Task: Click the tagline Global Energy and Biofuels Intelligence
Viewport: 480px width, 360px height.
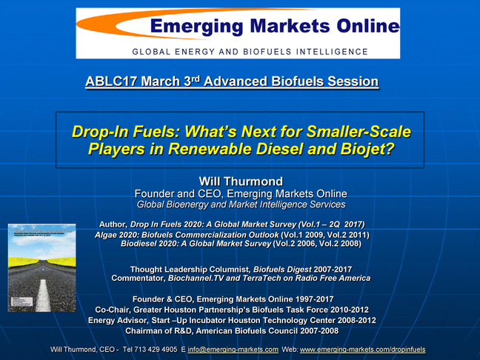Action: [x=250, y=52]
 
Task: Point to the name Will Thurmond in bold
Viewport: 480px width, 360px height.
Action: [x=241, y=181]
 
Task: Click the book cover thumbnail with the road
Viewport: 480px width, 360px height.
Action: [x=42, y=268]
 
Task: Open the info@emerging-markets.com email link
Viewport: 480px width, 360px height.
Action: [x=233, y=350]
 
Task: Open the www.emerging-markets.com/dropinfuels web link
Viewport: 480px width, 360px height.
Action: [x=362, y=350]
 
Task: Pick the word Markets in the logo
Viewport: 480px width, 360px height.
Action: [x=290, y=26]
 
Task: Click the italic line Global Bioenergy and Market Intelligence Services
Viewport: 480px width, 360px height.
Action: [x=241, y=204]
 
